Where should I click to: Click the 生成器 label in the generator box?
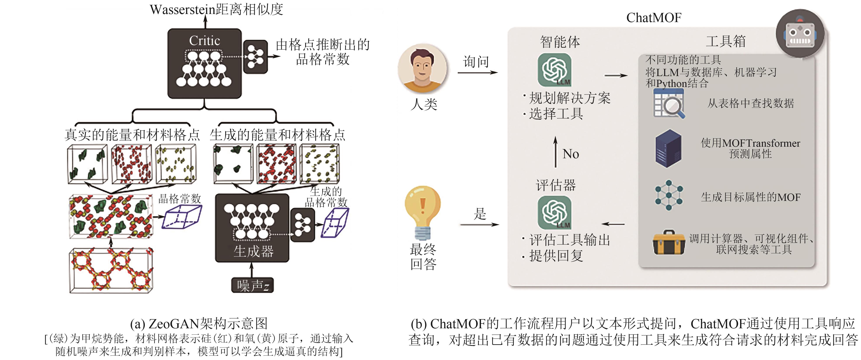(x=253, y=251)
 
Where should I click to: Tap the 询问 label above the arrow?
(x=476, y=62)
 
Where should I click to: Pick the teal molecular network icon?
(x=668, y=195)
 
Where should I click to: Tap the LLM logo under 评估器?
(x=554, y=212)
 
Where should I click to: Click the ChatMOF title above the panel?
(x=654, y=18)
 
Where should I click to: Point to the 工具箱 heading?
(x=726, y=41)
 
